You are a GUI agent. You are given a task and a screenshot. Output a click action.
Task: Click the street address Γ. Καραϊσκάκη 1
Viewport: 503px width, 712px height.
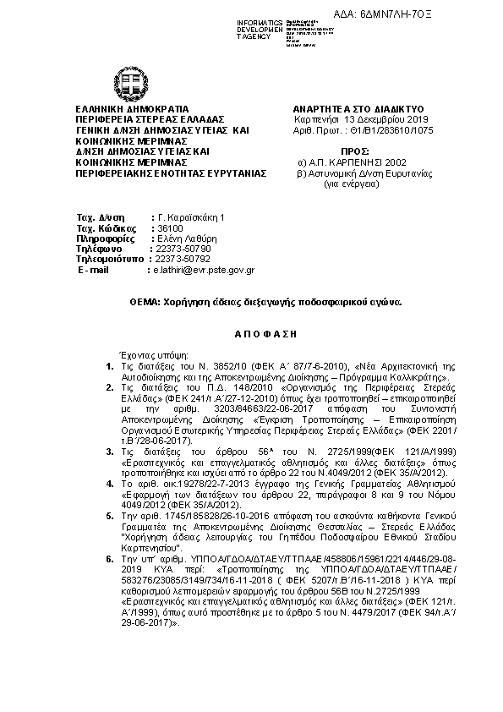187,217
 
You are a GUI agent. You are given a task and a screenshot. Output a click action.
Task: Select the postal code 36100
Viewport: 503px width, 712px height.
166,228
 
